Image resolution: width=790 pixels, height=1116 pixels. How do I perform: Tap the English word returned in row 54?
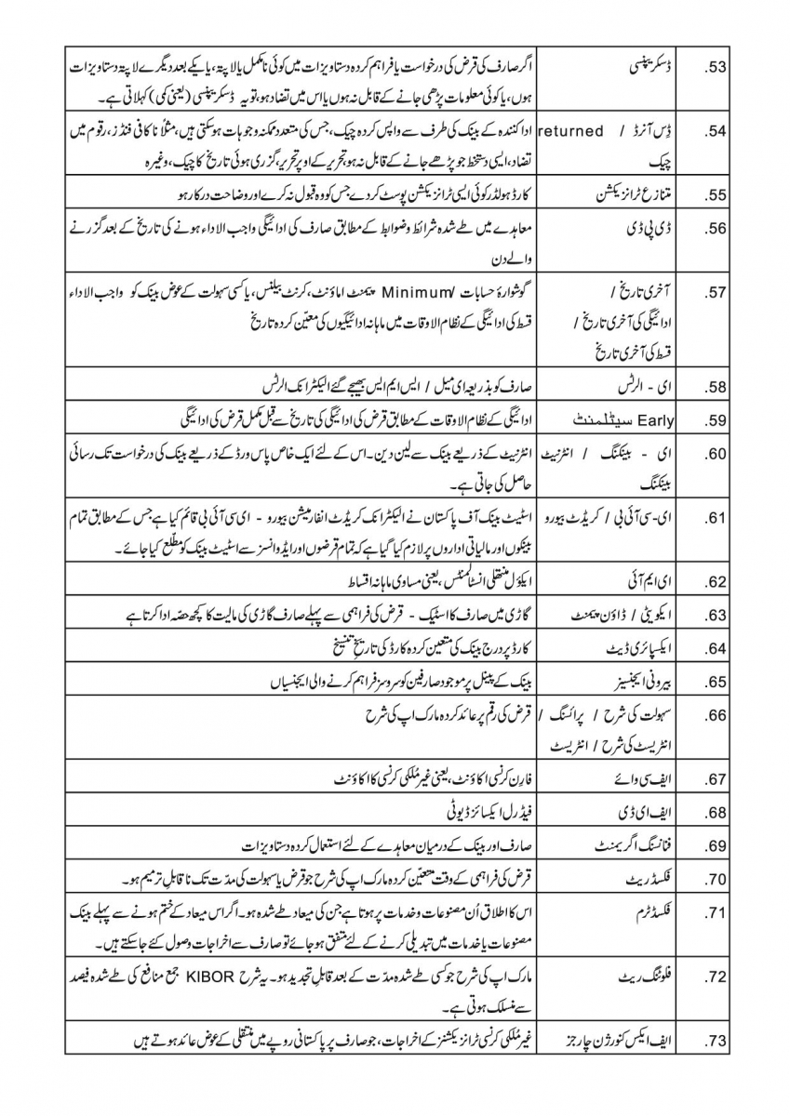tap(571, 131)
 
